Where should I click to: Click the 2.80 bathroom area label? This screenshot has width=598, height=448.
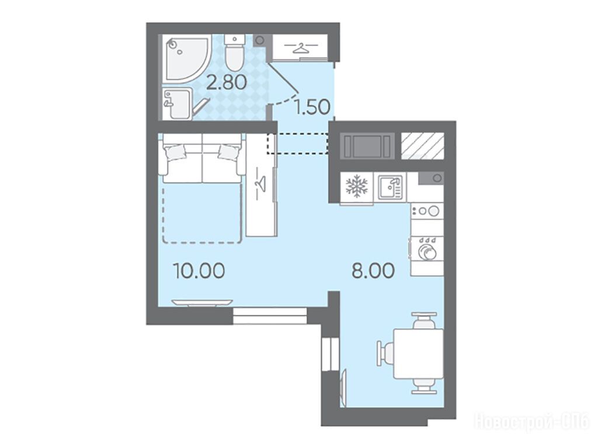tap(226, 82)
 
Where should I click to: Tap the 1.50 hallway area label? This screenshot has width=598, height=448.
tap(313, 107)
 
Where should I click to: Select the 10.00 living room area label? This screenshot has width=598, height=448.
tap(199, 271)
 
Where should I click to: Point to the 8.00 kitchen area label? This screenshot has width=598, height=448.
tap(373, 271)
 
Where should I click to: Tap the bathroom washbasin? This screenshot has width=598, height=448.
tap(177, 104)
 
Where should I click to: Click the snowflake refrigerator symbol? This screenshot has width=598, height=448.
tap(357, 187)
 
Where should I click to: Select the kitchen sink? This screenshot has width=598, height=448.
tap(390, 187)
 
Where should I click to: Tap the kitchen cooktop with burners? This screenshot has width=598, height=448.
tap(427, 211)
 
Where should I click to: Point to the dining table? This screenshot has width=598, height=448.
tap(418, 353)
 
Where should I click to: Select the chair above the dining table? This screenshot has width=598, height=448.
tap(424, 320)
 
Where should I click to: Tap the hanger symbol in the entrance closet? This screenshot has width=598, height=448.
tap(301, 48)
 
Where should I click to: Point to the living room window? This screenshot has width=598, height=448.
tap(270, 316)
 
